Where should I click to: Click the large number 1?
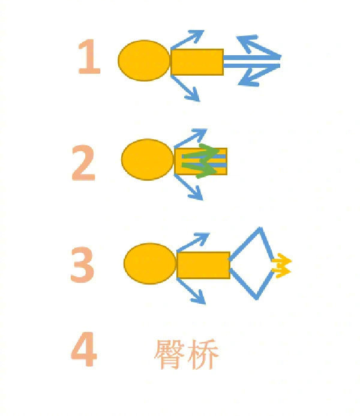[89, 56]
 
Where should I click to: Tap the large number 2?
[83, 163]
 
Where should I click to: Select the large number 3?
[82, 265]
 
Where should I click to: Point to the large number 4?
[84, 349]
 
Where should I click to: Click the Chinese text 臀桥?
[187, 354]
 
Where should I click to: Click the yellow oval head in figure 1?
[144, 61]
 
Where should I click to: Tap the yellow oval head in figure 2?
[148, 160]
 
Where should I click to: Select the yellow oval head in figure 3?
[150, 264]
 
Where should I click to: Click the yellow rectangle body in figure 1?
[197, 62]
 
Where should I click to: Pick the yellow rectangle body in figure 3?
[203, 265]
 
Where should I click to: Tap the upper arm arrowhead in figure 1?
[196, 36]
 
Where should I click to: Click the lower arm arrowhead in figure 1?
[193, 95]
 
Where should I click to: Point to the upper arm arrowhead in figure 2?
[199, 134]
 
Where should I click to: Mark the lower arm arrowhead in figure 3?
[199, 297]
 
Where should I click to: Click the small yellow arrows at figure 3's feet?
[281, 266]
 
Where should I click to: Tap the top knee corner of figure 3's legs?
[260, 229]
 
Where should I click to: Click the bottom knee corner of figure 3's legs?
[257, 297]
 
